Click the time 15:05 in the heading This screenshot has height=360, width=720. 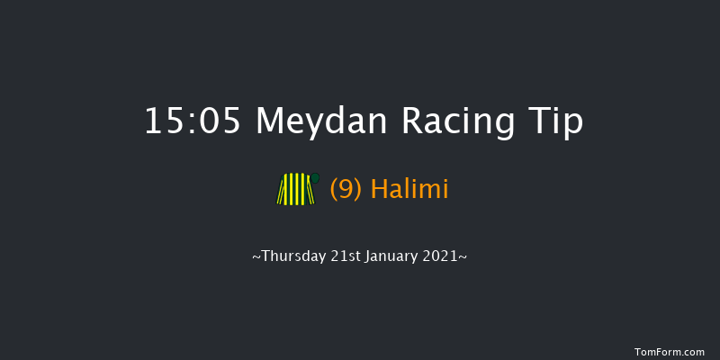(x=193, y=121)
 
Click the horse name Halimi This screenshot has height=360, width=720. (x=409, y=190)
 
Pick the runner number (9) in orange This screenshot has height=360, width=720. (x=346, y=190)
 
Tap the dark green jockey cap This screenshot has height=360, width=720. (x=315, y=177)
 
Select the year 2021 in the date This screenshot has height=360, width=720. (x=444, y=256)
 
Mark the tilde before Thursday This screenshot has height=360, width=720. (x=256, y=256)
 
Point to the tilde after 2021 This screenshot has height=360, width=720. (x=463, y=256)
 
